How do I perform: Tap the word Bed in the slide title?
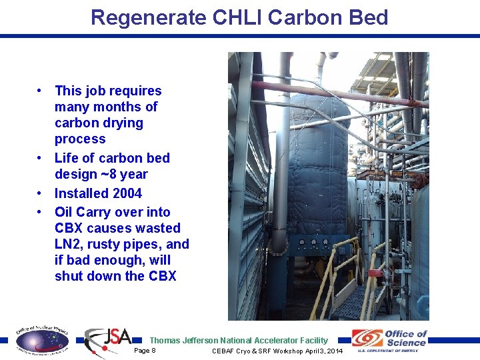point(367,18)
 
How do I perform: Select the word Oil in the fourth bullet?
point(64,212)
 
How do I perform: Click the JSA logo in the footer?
point(108,341)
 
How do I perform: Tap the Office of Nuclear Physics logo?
point(41,340)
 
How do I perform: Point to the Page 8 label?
point(145,350)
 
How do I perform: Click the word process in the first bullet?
point(80,139)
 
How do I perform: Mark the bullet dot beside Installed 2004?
point(41,193)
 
